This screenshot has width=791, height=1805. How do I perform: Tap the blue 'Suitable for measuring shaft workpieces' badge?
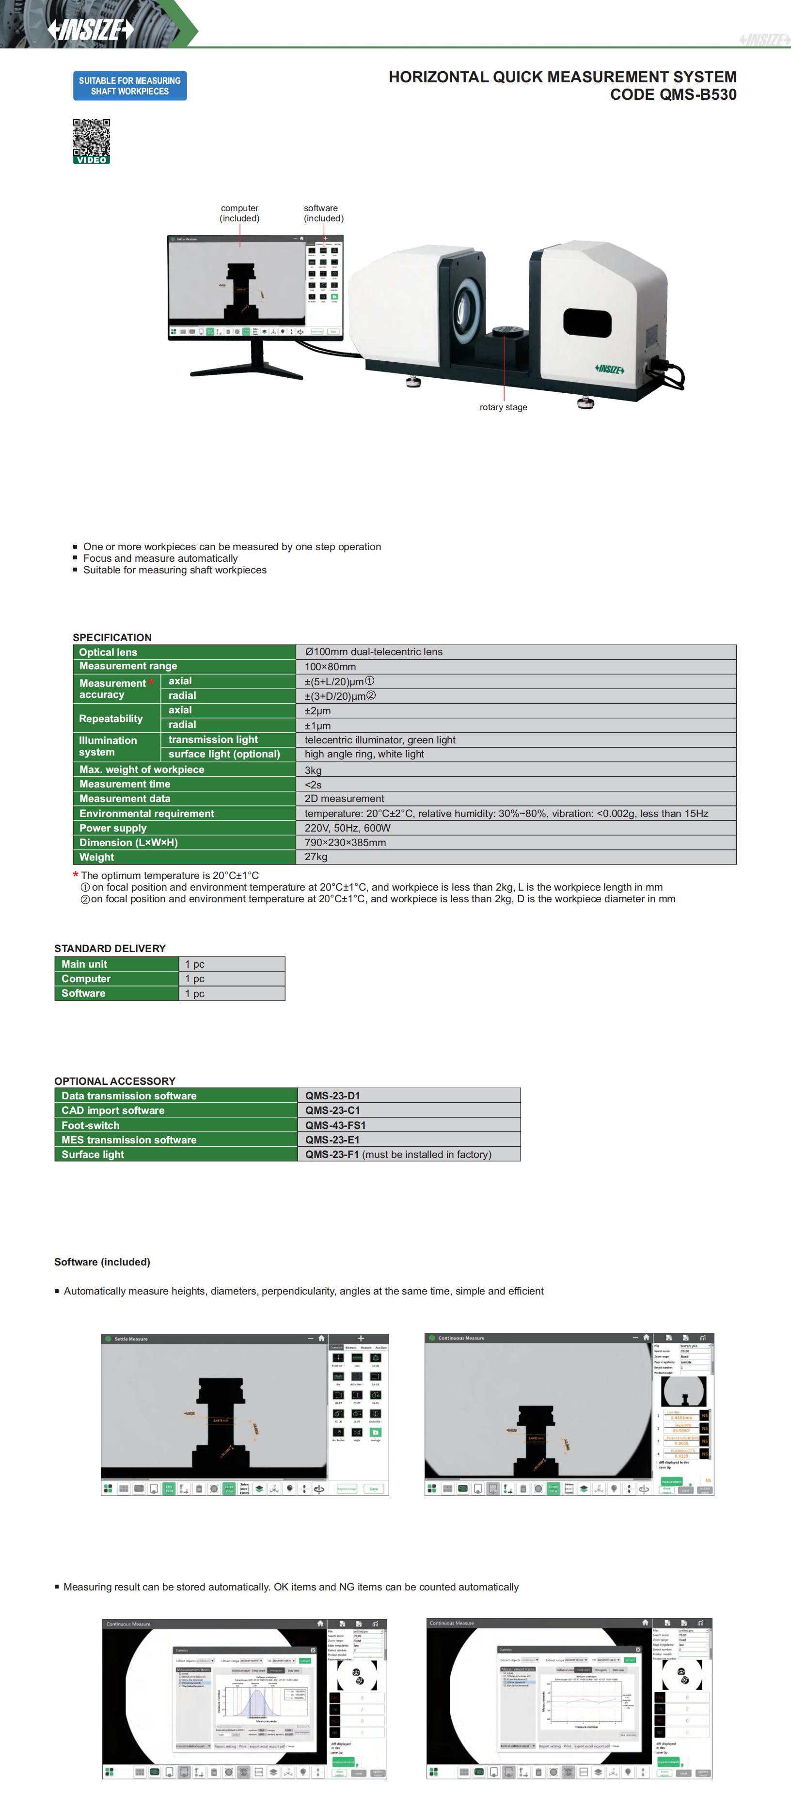pyautogui.click(x=130, y=86)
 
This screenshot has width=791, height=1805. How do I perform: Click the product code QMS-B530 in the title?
pyautogui.click(x=673, y=94)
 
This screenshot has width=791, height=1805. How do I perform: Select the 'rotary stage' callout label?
pyautogui.click(x=504, y=407)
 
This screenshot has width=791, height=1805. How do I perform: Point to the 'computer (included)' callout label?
pyautogui.click(x=240, y=213)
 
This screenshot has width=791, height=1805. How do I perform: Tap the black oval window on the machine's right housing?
pyautogui.click(x=587, y=323)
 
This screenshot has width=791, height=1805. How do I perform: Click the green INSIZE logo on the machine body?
pyautogui.click(x=609, y=369)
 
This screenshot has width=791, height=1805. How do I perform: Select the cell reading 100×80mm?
pyautogui.click(x=330, y=666)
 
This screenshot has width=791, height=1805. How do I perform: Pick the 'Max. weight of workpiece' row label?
pyautogui.click(x=142, y=770)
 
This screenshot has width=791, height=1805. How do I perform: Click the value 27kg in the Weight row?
pyautogui.click(x=316, y=857)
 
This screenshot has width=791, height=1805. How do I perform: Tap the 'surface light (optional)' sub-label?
pyautogui.click(x=224, y=754)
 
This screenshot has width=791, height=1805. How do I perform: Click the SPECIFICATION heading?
pyautogui.click(x=112, y=637)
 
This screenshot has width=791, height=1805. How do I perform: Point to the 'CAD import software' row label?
pyautogui.click(x=113, y=1110)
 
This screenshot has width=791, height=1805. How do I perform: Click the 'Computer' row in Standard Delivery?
pyautogui.click(x=86, y=979)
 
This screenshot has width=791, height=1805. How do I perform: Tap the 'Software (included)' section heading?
pyautogui.click(x=102, y=1262)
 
